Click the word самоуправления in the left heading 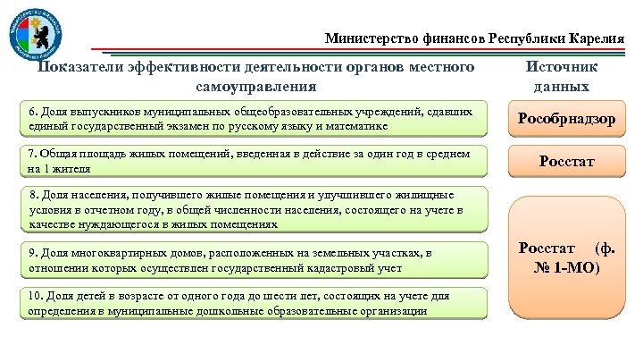click(x=256, y=87)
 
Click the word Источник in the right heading click(x=561, y=68)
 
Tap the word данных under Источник click(x=561, y=87)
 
